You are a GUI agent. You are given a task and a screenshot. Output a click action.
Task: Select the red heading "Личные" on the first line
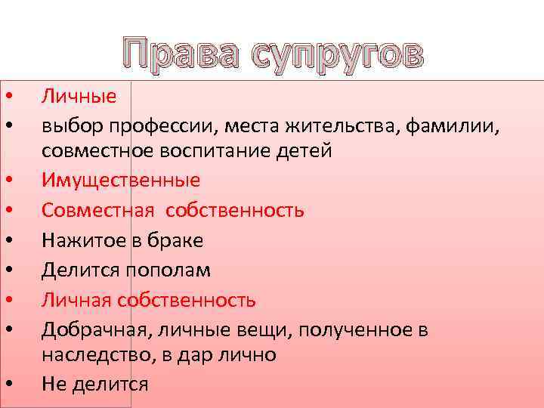click(79, 96)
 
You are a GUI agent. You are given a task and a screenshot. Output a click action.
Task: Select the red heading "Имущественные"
click(121, 181)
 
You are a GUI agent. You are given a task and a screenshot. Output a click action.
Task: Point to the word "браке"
click(177, 240)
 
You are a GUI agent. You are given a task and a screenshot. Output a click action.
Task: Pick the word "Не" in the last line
click(54, 383)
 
